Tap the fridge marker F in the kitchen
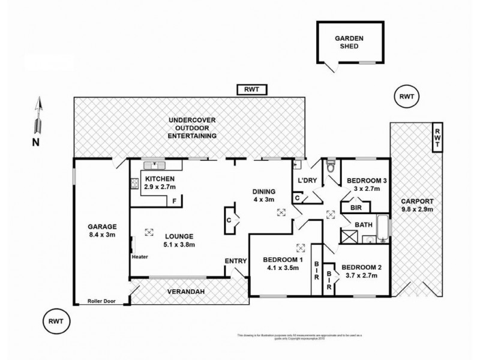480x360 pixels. (175, 200)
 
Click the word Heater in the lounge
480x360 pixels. (139, 257)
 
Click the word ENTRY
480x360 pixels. (235, 260)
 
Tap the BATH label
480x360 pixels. (361, 226)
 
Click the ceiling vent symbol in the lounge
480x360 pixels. (149, 231)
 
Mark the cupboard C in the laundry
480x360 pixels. (297, 197)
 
